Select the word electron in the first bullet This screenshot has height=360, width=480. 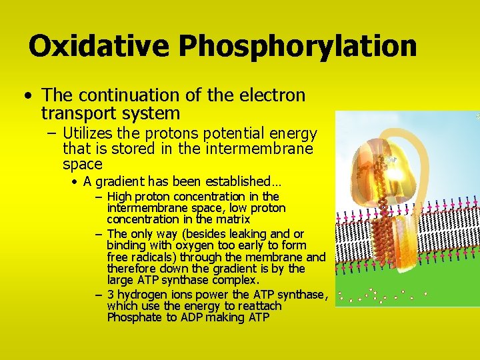click(x=269, y=96)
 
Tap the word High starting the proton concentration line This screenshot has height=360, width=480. click(x=119, y=197)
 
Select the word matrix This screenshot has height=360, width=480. click(x=233, y=219)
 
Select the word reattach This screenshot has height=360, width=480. click(x=261, y=307)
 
